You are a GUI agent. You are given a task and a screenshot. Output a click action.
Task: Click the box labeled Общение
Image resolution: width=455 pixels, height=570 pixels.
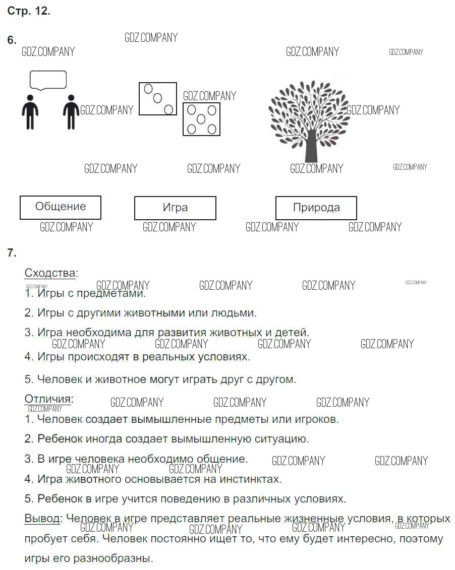60,207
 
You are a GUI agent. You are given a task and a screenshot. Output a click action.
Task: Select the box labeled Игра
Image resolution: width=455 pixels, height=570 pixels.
175,208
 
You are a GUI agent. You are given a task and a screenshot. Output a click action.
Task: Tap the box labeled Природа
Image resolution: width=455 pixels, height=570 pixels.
316,208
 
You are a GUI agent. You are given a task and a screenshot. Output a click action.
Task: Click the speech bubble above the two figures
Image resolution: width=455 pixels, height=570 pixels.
48,80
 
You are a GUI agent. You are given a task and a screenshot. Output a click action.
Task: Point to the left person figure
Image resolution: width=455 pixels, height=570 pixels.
30,111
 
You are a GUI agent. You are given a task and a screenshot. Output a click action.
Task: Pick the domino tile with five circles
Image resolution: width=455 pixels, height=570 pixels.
201,119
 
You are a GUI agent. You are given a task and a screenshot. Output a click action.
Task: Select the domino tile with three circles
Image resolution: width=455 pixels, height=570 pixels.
158,99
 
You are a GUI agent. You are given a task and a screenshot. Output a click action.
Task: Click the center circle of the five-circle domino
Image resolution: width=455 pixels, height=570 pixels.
201,119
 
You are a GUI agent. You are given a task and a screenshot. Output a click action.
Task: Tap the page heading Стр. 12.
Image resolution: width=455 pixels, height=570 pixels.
28,12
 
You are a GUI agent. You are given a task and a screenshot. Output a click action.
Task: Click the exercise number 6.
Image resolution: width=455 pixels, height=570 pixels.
12,40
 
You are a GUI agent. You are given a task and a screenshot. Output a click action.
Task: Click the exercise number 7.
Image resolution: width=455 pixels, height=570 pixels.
12,253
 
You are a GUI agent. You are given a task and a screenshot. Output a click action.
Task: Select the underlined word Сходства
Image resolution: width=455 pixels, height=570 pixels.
49,273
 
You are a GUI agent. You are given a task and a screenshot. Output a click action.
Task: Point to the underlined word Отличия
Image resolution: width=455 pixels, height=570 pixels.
48,399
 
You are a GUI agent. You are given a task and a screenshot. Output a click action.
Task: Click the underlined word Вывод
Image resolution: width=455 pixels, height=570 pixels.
42,518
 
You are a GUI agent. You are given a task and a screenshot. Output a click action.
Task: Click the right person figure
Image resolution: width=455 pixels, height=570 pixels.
71,111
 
